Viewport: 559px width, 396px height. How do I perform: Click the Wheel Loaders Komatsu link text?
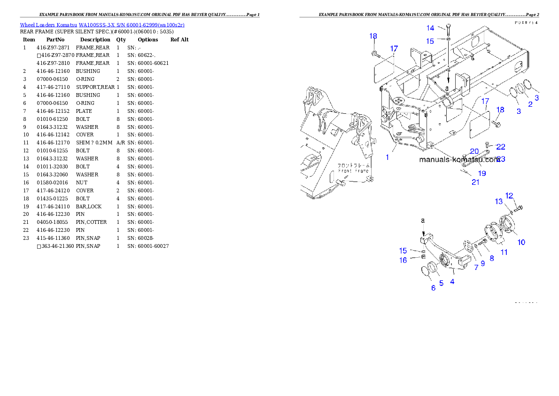[102, 25]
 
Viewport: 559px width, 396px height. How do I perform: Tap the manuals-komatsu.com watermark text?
[459, 159]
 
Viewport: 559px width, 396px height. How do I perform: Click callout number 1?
[388, 157]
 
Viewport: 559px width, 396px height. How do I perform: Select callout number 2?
[530, 104]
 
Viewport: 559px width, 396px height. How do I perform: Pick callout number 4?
[452, 281]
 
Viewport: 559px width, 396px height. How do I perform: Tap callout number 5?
[441, 283]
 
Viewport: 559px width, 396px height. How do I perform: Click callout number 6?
[434, 288]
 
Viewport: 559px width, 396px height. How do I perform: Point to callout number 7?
[476, 267]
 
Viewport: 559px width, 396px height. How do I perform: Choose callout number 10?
[521, 242]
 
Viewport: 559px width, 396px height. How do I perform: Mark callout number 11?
[504, 252]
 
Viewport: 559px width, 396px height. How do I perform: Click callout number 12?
[510, 196]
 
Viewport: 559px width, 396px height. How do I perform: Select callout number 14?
[430, 28]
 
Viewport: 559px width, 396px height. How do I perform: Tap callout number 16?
[403, 260]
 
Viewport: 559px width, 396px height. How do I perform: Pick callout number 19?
[482, 173]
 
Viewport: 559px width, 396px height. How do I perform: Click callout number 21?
[475, 182]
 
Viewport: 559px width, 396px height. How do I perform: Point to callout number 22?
[501, 147]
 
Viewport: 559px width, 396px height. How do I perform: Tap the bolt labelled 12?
[519, 208]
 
